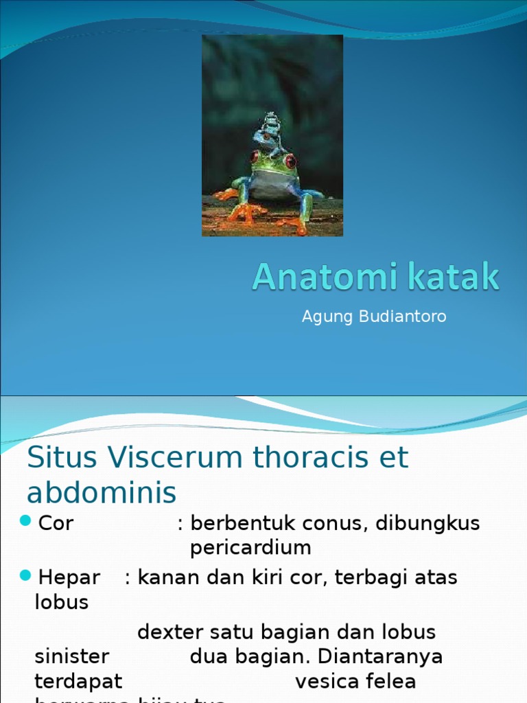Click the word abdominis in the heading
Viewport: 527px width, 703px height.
click(102, 493)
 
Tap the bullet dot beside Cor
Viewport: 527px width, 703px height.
click(26, 522)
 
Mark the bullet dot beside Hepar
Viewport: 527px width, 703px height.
click(26, 575)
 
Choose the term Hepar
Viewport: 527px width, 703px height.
click(69, 577)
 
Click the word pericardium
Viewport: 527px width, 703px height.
click(250, 548)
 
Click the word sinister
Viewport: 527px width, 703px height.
click(71, 657)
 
